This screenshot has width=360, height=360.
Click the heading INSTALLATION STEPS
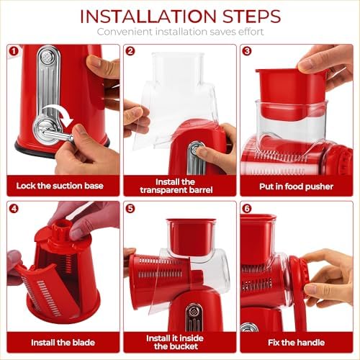click(180, 16)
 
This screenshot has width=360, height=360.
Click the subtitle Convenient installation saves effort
click(180, 32)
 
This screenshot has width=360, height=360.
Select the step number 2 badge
click(130, 52)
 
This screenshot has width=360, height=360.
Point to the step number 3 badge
click(246, 52)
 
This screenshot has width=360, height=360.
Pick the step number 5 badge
click(130, 209)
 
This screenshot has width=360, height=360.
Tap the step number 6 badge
click(246, 209)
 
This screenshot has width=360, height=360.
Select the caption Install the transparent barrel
click(180, 186)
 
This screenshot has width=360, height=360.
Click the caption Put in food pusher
click(296, 185)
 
